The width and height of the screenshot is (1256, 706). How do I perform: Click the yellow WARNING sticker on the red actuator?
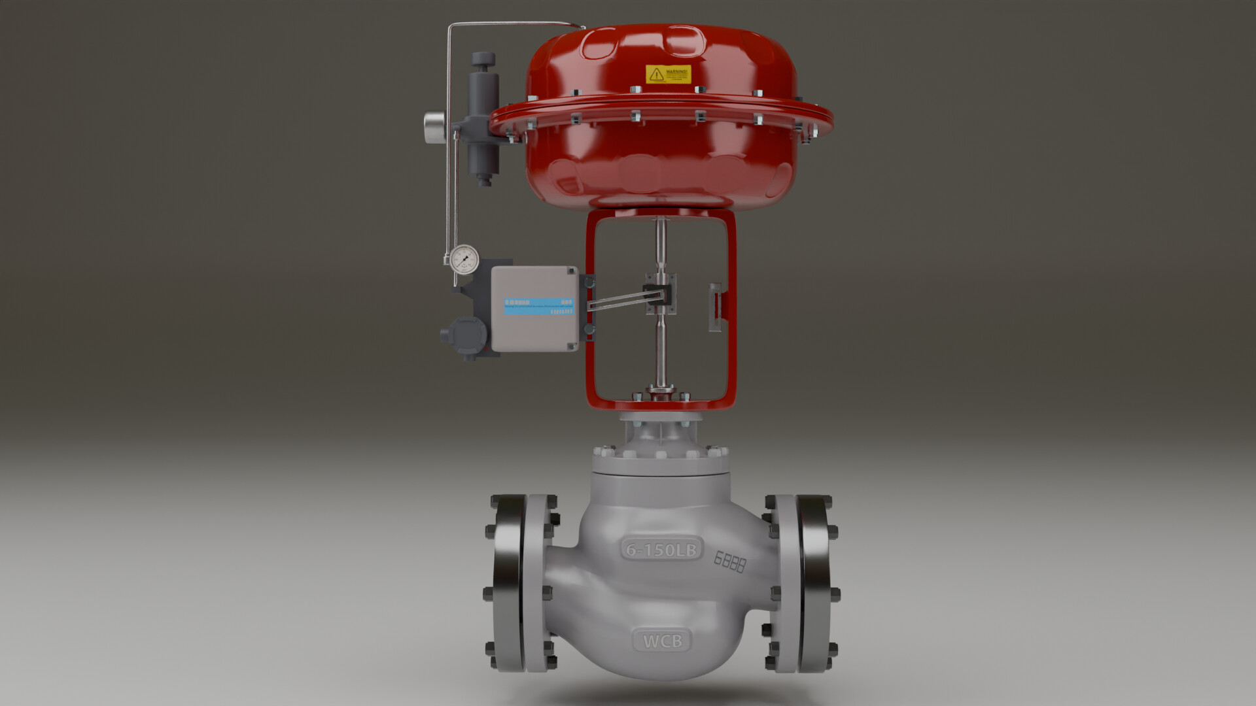coord(668,74)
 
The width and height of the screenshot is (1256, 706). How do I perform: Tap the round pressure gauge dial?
coord(464,259)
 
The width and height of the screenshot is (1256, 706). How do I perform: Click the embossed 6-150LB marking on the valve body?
coord(661,549)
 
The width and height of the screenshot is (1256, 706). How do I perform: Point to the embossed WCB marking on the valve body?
coord(662,641)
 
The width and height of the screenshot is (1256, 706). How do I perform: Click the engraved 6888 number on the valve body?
coord(729,562)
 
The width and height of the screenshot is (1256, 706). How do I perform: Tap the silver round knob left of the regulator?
coord(433,127)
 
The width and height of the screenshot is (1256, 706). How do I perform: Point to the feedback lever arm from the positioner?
coord(618,301)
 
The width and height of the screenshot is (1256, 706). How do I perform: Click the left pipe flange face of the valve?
coord(510,583)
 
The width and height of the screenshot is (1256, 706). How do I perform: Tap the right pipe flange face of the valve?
coord(814,583)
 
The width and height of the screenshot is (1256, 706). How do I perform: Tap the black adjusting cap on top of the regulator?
coord(483,61)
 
